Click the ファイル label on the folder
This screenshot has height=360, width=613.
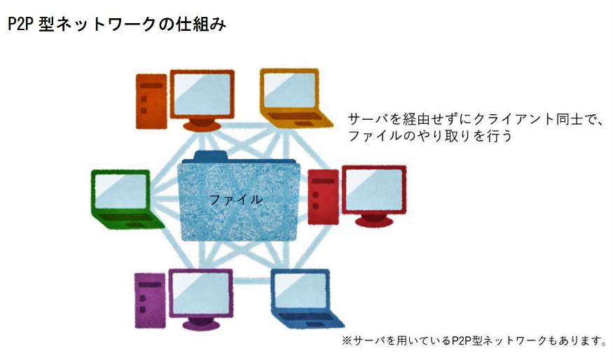[x=236, y=200]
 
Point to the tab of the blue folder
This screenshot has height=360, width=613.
[x=211, y=155]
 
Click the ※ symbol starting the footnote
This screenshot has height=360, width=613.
[x=345, y=342]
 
